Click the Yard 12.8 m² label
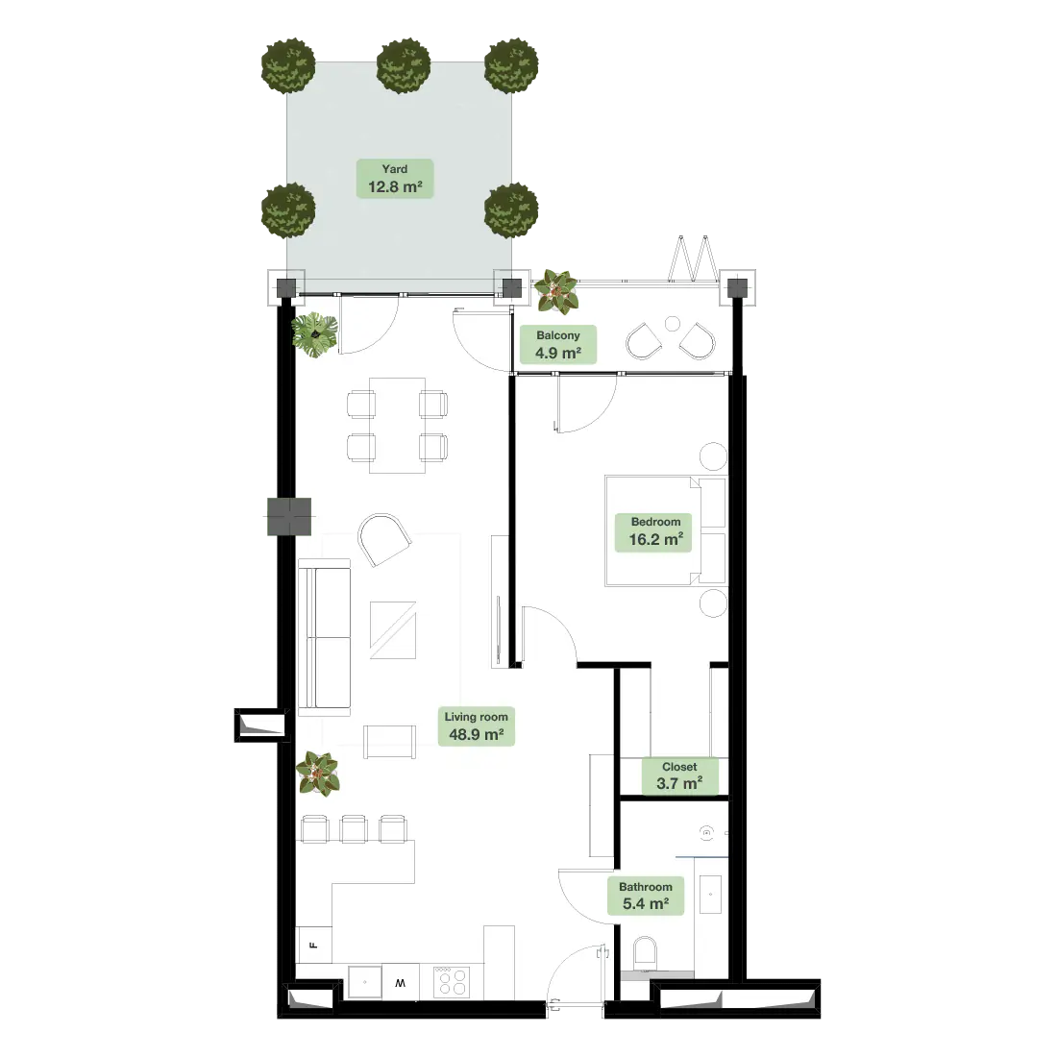(394, 179)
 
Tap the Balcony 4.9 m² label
(558, 344)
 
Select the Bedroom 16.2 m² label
(655, 531)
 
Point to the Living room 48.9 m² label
(476, 726)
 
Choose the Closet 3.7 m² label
(679, 775)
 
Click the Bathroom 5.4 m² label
(645, 896)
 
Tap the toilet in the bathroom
(645, 952)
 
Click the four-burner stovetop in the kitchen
(452, 981)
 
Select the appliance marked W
(401, 981)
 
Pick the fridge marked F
(313, 946)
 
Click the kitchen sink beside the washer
(365, 982)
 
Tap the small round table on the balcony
(672, 324)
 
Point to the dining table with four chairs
(397, 426)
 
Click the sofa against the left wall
(324, 637)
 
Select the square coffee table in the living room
(393, 630)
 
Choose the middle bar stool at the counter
(354, 829)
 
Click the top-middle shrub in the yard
(404, 65)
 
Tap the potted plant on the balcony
(556, 292)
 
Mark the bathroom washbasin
(710, 895)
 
